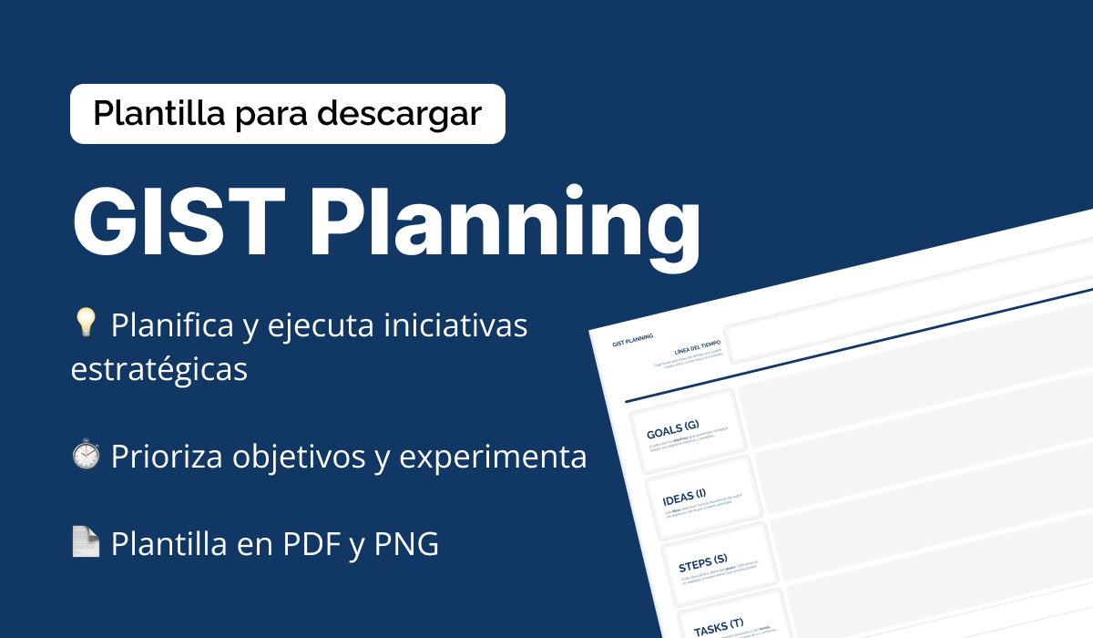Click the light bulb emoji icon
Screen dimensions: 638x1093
coord(85,324)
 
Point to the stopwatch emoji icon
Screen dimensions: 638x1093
coord(85,456)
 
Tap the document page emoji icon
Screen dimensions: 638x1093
coord(85,543)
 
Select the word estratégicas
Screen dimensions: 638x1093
coord(159,371)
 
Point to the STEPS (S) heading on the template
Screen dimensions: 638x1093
coord(702,561)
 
